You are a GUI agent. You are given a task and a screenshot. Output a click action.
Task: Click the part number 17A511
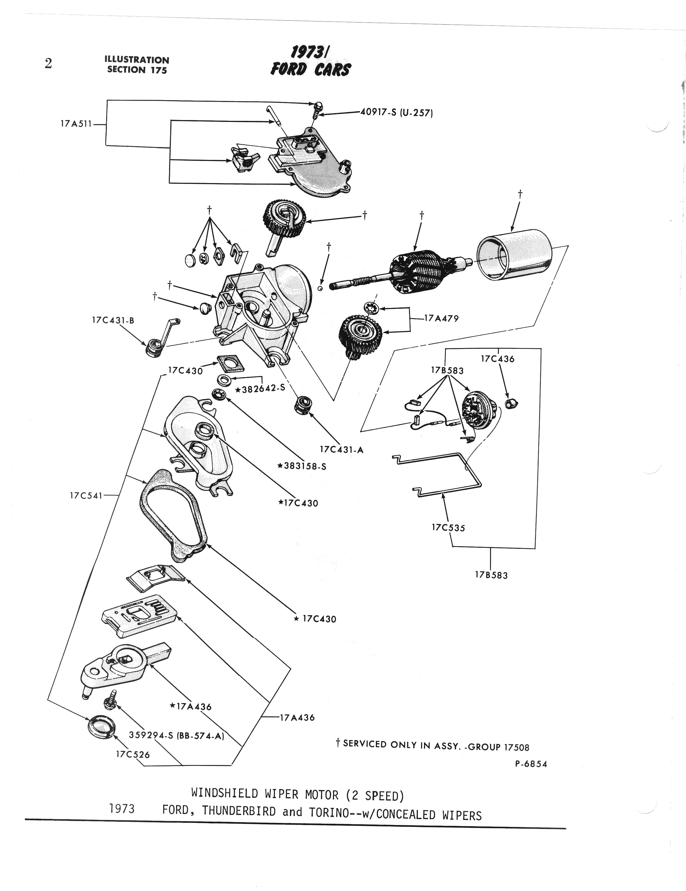click(76, 123)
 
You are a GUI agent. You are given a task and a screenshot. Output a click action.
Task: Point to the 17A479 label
click(442, 318)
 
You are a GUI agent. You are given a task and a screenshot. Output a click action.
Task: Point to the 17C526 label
click(133, 754)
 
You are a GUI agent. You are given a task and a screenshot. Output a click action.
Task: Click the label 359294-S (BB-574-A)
click(177, 735)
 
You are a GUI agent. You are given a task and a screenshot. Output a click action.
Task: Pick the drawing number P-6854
click(530, 764)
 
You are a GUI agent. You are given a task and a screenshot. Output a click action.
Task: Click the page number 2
click(48, 64)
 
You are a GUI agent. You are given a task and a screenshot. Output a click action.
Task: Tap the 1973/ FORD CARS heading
click(310, 61)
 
